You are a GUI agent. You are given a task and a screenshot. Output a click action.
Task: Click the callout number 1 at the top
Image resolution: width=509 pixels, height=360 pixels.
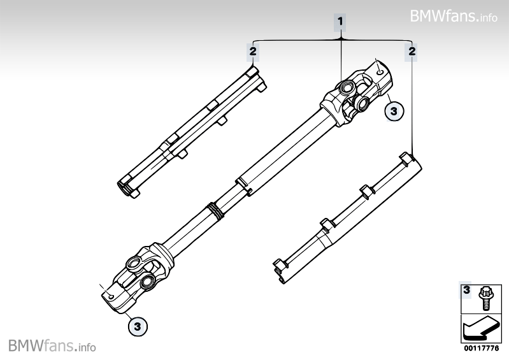(340, 22)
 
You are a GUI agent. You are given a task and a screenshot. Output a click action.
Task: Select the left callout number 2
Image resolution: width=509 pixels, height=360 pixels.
(252, 51)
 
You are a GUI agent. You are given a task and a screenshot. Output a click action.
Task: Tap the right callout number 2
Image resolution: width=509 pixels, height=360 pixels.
(412, 51)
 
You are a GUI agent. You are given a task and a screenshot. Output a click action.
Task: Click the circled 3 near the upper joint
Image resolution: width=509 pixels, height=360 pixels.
(394, 111)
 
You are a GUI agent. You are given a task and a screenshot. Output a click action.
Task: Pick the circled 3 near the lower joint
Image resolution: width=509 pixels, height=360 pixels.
(138, 326)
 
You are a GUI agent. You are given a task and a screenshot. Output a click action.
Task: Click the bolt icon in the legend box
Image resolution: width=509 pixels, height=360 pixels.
(485, 298)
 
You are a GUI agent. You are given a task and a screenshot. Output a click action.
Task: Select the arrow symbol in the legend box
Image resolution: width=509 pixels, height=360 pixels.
(480, 329)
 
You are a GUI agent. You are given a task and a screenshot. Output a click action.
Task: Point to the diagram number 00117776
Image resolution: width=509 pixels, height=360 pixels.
(481, 349)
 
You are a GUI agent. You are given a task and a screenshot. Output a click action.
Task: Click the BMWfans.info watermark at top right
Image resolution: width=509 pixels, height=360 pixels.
(453, 16)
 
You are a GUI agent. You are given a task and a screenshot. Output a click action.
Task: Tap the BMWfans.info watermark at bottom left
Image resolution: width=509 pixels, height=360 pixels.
(52, 346)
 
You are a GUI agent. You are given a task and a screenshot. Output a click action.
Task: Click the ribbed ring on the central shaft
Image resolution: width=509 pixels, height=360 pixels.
(215, 211)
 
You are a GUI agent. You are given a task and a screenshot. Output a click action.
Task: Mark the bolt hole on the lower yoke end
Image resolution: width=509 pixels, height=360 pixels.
(111, 297)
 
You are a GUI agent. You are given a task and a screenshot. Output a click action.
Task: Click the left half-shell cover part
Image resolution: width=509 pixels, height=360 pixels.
(192, 133)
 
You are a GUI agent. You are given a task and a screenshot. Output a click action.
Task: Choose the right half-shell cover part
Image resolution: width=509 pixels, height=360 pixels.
(347, 218)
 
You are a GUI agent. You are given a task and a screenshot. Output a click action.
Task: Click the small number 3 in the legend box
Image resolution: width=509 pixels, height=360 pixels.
(466, 289)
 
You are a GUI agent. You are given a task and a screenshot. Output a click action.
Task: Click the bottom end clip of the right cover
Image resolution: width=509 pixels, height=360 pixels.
(280, 270)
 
